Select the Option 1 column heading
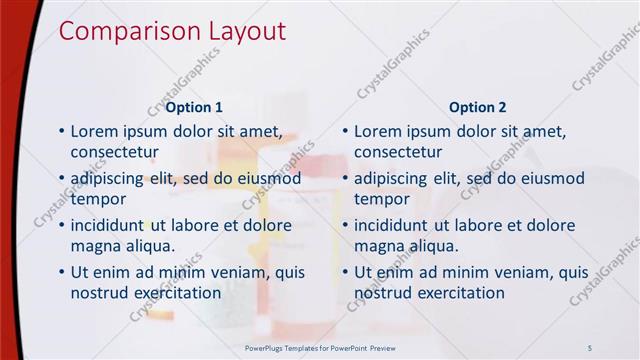pos(194,107)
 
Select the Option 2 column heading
pos(478,107)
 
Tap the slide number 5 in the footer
pos(590,346)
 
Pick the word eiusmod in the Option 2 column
pos(548,178)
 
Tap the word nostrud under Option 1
pos(99,293)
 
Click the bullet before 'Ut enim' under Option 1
pos(61,272)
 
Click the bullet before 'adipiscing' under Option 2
pos(345,178)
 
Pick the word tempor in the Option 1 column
pos(97,199)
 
